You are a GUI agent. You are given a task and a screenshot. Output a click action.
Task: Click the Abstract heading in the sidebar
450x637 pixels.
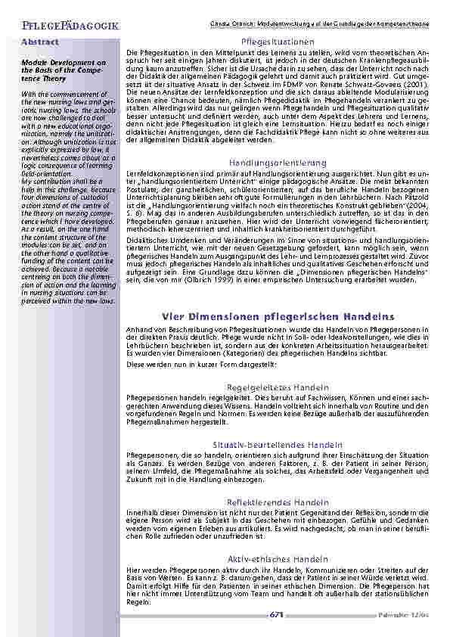click(39, 42)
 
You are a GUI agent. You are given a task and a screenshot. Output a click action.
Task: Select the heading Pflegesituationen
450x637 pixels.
click(277, 40)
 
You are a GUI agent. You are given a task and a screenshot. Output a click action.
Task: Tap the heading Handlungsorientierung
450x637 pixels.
click(277, 163)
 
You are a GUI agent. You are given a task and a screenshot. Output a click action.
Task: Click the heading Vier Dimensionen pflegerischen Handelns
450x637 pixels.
click(277, 315)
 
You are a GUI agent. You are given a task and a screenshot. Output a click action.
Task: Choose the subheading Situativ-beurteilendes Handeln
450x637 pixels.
click(277, 444)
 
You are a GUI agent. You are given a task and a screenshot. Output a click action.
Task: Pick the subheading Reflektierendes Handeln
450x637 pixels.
click(277, 502)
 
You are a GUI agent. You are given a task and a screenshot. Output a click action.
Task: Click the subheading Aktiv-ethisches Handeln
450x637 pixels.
click(277, 559)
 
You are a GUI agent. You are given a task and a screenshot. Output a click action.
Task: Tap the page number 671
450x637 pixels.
click(276, 614)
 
